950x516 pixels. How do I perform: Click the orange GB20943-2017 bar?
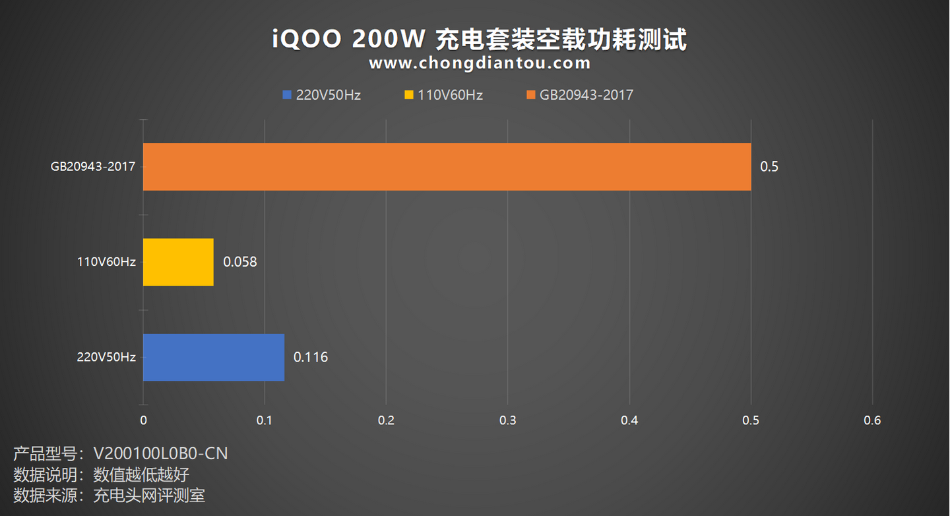tap(447, 167)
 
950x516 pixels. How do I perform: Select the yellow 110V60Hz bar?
tap(178, 262)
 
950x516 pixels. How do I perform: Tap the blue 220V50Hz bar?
tap(214, 357)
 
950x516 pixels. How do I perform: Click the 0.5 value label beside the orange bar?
tap(769, 167)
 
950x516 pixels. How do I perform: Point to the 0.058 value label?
tap(240, 262)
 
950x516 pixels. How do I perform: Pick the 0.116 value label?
tap(311, 358)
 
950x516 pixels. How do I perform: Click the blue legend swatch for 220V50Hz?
tap(286, 95)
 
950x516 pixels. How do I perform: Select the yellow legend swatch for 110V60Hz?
tap(409, 95)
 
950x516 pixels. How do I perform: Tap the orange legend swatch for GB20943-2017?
tap(531, 95)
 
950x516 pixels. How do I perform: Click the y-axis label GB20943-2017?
tap(93, 167)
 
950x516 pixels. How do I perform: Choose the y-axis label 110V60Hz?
tap(106, 262)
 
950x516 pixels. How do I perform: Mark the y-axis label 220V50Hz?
tap(106, 358)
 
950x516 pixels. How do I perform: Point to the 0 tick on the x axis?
tap(143, 420)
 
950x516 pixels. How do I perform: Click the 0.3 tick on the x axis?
tap(507, 420)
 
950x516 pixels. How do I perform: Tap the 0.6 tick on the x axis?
tap(872, 420)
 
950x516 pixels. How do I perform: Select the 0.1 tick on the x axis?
tap(265, 420)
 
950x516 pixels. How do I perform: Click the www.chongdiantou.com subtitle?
tap(480, 63)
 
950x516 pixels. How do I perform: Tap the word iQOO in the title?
tap(307, 40)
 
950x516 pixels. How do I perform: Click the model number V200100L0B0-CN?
tap(160, 454)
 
